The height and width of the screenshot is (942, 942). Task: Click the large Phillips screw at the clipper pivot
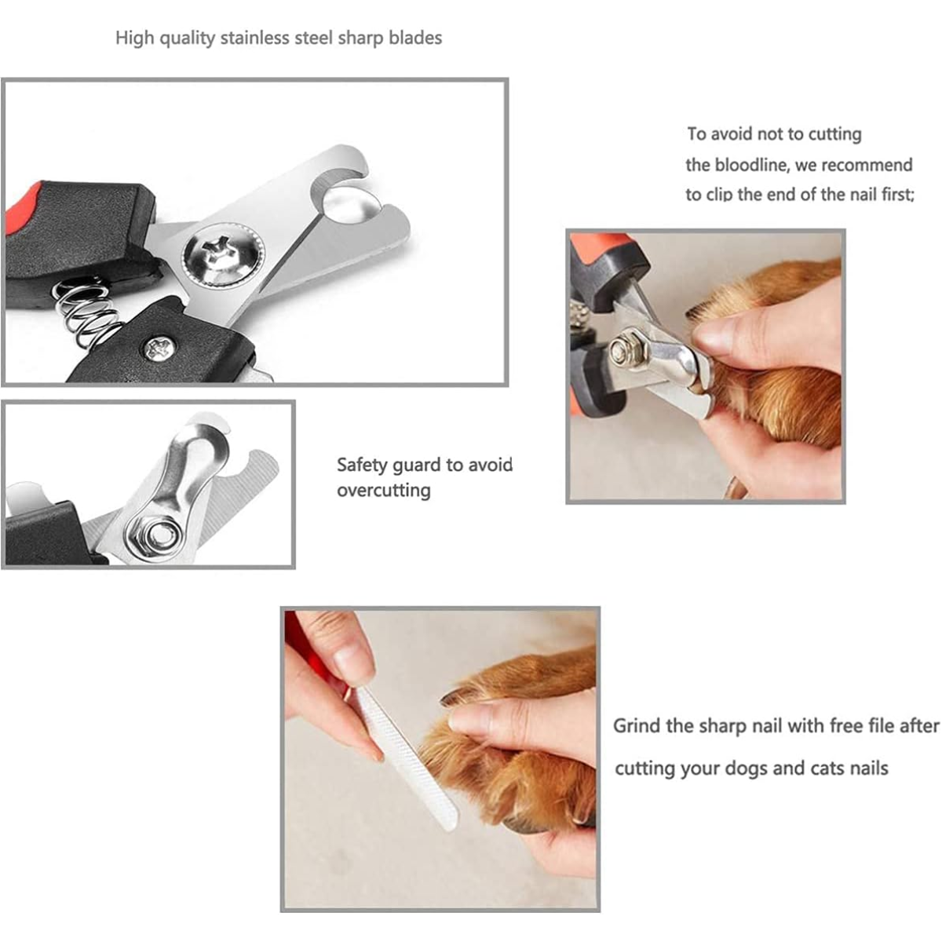tap(224, 254)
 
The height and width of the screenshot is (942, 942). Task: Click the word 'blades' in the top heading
tap(415, 38)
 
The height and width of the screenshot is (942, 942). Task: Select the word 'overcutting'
tap(384, 491)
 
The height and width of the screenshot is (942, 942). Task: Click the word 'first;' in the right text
tap(897, 195)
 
